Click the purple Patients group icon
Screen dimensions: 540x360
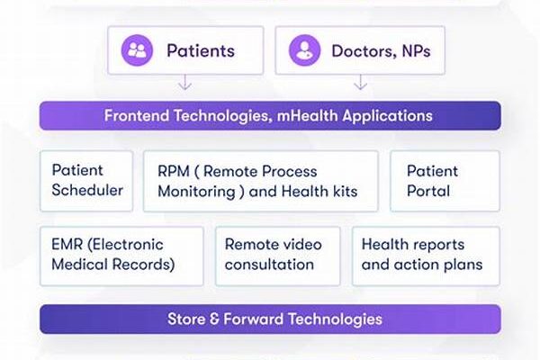click(x=137, y=50)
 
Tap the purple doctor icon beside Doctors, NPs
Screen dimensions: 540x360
click(x=304, y=50)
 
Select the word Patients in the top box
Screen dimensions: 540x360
click(x=201, y=50)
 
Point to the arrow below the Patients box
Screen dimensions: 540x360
click(x=185, y=82)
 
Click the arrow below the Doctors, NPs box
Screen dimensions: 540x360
click(x=360, y=82)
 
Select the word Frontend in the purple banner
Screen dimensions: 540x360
click(x=137, y=115)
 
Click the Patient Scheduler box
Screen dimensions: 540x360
click(x=86, y=181)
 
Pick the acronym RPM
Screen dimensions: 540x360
click(x=174, y=172)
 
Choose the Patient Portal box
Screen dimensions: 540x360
click(x=445, y=181)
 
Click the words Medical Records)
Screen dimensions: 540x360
click(x=113, y=265)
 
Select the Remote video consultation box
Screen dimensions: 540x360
click(x=277, y=256)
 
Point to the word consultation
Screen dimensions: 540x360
click(x=269, y=265)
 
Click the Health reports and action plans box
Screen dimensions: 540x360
click(x=426, y=256)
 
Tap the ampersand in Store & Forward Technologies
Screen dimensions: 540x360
click(x=214, y=319)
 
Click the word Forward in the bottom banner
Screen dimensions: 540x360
click(x=254, y=319)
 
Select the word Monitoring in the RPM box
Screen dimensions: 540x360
click(x=196, y=192)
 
